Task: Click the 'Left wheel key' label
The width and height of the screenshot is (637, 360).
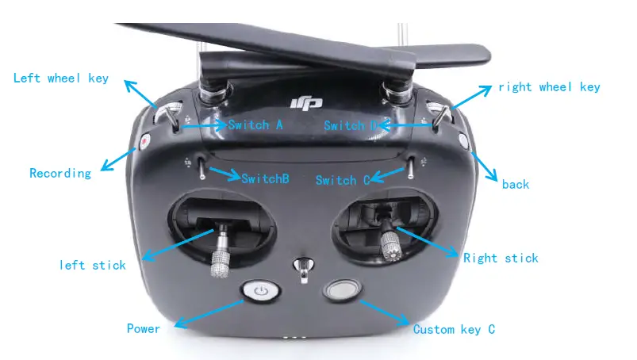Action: coord(61,78)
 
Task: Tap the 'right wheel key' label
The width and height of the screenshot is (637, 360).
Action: coord(549,87)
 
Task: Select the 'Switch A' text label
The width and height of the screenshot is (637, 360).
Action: coord(255,125)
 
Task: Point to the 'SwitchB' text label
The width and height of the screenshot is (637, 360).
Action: coord(265,178)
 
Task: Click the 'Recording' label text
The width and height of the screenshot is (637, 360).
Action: coord(60,173)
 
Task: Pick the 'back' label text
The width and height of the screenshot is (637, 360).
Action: coord(515,184)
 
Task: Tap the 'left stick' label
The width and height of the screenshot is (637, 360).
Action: coord(93,265)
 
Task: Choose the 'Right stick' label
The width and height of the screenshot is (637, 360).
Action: coord(501,258)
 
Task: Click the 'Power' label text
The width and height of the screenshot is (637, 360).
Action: coord(144,328)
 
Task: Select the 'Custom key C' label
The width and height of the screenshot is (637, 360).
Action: coord(454,329)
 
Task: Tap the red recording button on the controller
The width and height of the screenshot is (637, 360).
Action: coord(146,142)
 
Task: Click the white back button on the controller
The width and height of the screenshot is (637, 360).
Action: coord(463,142)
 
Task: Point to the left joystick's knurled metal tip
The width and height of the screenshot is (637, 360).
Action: coord(221,262)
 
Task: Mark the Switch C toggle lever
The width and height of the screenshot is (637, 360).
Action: coord(411,168)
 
